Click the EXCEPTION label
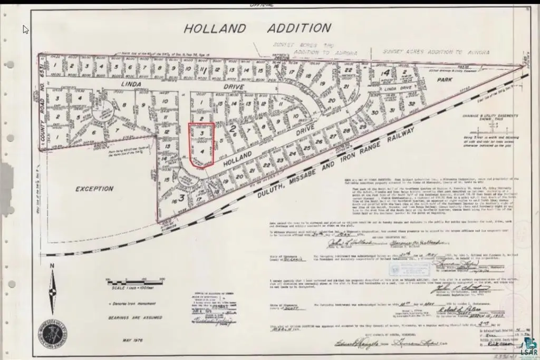click(94, 188)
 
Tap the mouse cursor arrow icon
click(26, 29)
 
